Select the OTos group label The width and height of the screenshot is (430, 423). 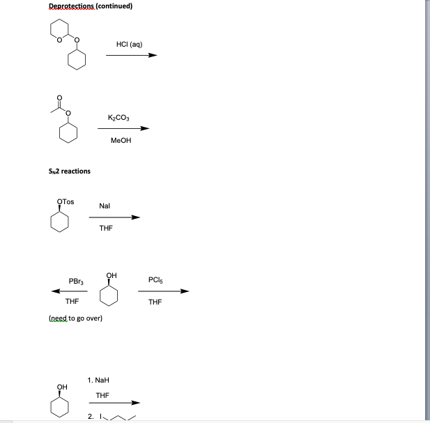(65, 202)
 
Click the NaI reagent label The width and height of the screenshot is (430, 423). (105, 206)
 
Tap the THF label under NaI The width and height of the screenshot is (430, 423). (106, 228)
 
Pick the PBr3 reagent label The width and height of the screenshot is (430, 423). (77, 281)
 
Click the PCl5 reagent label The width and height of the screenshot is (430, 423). (155, 280)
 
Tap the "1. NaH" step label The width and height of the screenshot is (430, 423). (99, 380)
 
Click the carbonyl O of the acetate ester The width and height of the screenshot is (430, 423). (59, 97)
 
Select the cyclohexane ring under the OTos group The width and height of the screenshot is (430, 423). (61, 222)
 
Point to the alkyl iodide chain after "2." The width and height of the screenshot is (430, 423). (118, 417)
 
